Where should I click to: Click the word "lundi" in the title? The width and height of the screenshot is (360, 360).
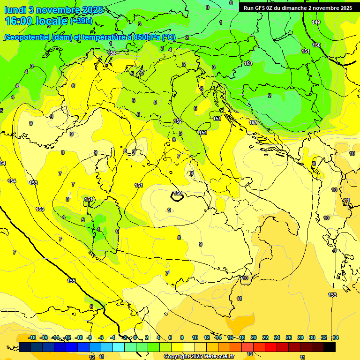pos(15,9)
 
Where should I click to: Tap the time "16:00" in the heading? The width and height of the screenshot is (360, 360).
pos(19,21)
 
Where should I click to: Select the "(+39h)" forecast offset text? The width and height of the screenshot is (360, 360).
pos(81,21)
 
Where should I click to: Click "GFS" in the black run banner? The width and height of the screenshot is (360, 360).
pos(261,8)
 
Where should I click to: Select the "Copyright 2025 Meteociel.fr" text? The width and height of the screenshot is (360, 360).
pos(199,356)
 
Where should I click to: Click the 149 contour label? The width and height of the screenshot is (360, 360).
pos(316,22)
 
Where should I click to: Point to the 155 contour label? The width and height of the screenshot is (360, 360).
pos(71,281)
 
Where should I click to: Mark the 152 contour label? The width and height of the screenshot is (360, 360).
pos(178,121)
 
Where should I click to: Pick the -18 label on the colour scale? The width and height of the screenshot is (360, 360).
pos(32,337)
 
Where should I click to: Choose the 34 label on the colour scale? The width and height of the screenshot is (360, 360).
pos(336,337)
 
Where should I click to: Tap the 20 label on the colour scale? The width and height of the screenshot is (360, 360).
pos(254,337)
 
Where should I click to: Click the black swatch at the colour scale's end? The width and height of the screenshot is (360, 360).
pos(330,347)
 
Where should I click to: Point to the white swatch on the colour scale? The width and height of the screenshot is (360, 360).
pos(189,347)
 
